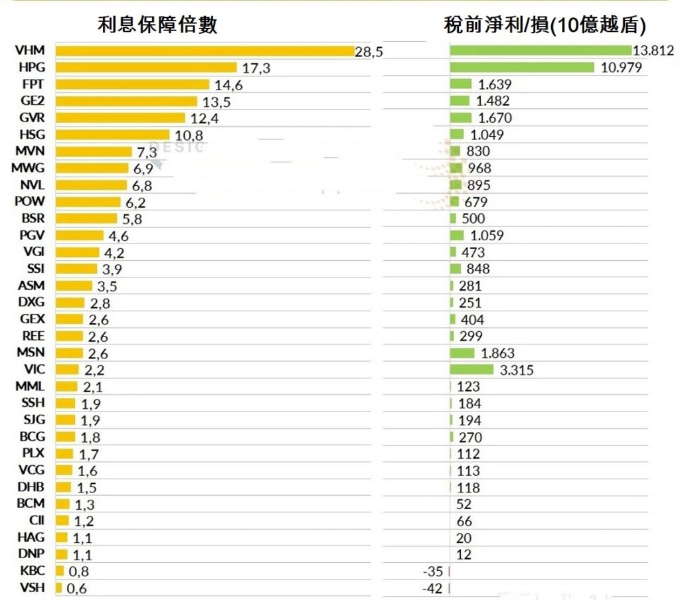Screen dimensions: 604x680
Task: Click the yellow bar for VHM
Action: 205,51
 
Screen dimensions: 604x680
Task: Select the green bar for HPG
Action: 521,68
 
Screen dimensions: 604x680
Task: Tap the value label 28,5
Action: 369,52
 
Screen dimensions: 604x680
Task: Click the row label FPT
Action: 33,84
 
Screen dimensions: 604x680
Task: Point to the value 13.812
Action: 653,50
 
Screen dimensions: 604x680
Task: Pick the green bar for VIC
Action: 471,370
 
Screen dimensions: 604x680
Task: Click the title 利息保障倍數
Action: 157,25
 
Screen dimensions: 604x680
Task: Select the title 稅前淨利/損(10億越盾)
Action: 545,25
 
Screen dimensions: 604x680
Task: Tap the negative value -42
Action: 432,588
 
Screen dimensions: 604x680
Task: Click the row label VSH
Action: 33,587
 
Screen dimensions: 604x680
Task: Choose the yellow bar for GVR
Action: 120,118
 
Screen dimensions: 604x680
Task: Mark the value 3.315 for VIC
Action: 516,370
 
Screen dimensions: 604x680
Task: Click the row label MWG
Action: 30,168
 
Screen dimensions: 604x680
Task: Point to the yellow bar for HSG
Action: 114,135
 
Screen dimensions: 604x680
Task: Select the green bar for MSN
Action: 462,353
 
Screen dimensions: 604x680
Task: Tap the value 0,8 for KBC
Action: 78,571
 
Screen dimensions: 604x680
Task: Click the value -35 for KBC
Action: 432,571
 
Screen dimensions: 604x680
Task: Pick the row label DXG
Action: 32,303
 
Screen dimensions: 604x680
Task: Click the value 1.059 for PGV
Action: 487,235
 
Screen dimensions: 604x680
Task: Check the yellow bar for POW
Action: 88,202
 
